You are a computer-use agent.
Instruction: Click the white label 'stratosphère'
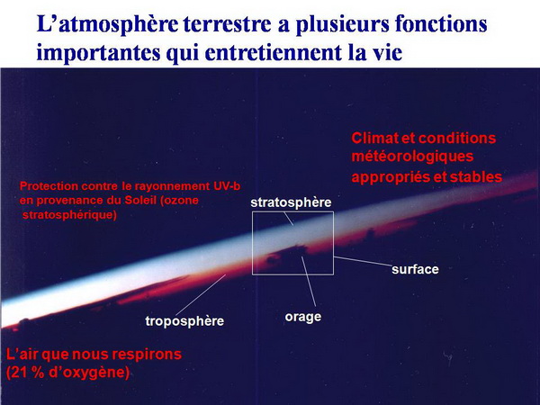click(291, 202)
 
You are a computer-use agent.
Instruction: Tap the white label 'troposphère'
click(184, 321)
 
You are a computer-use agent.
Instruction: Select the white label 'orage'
click(303, 317)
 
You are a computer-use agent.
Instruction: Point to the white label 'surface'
click(415, 269)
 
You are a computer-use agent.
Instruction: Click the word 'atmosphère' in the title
click(119, 25)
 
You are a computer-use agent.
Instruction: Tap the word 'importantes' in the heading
click(98, 52)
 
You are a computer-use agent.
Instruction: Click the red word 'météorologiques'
click(412, 157)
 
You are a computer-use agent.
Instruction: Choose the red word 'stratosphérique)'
click(69, 215)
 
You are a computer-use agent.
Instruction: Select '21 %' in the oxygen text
click(28, 373)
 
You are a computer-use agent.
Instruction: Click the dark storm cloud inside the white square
click(288, 254)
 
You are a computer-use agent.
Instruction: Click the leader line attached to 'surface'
click(363, 261)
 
